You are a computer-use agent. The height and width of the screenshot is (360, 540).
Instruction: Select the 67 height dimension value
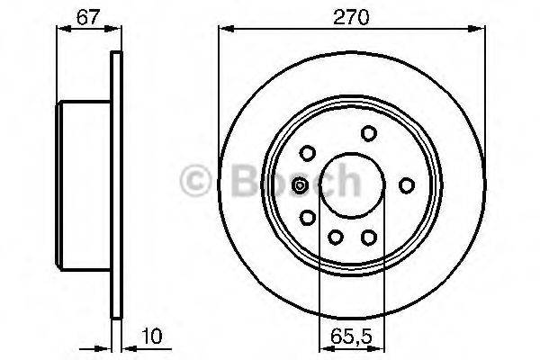coord(87,15)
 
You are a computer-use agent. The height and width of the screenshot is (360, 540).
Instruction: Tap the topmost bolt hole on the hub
coord(368,133)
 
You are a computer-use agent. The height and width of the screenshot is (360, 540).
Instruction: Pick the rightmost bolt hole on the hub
coord(407,184)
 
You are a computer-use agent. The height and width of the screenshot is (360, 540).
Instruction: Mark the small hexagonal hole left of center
coord(301,185)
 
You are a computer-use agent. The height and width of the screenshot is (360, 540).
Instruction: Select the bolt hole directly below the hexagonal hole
coord(308,218)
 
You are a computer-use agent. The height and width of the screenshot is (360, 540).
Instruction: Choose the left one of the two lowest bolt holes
coord(335,237)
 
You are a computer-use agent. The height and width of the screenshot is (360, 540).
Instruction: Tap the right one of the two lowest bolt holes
coord(368,237)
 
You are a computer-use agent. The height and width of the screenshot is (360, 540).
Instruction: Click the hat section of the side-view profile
coord(85,184)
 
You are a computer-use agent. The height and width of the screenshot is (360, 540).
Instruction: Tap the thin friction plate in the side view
coord(115,184)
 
